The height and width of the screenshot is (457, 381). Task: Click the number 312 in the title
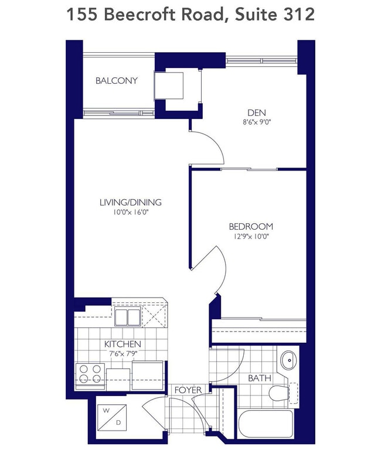[298, 15]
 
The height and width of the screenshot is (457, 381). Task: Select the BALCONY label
[117, 80]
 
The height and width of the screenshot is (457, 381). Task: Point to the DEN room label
[256, 114]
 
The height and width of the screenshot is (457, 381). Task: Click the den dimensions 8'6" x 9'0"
[256, 123]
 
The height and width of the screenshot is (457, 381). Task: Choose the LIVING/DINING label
[130, 203]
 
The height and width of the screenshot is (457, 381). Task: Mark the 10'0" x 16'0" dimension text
[130, 212]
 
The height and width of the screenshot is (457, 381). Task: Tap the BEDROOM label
[251, 227]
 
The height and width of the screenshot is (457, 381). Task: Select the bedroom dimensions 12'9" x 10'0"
[251, 236]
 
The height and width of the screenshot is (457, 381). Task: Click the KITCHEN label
[123, 344]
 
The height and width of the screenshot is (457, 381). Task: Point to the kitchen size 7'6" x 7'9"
[123, 353]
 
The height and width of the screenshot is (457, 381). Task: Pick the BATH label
[259, 378]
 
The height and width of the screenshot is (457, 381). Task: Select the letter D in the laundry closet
[118, 422]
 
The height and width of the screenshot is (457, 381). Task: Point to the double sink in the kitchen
[127, 317]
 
